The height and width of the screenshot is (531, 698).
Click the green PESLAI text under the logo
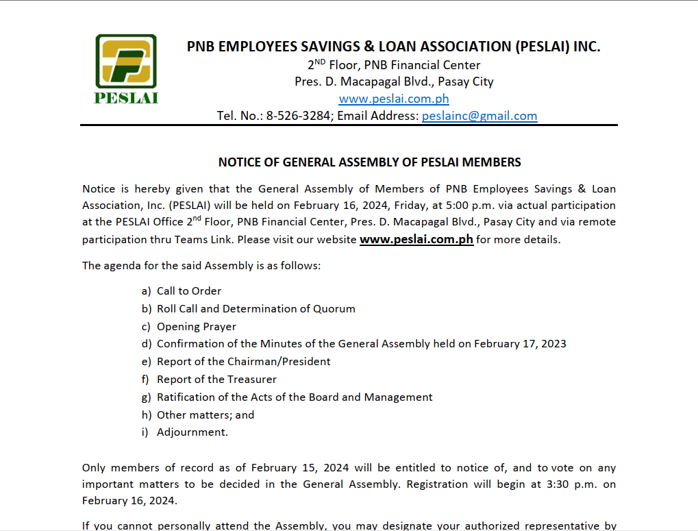coord(126,97)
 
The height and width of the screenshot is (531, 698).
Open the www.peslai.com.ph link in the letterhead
coord(394,99)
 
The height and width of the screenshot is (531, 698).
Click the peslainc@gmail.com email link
coord(479,116)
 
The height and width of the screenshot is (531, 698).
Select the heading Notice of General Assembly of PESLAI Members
coord(369,162)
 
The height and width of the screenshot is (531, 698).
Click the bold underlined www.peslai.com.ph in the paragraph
coord(416,240)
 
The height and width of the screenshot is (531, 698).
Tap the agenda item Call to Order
coord(189,291)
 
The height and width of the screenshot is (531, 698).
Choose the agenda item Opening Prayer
coord(197,326)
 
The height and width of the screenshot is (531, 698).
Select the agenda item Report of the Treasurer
coord(216,379)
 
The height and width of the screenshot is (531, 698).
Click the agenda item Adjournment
coord(192,432)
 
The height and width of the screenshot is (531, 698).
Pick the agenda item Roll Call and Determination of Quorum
coord(256,308)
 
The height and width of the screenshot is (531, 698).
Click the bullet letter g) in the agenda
coord(146,397)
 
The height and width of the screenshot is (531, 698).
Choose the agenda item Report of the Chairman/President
coord(244,361)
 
